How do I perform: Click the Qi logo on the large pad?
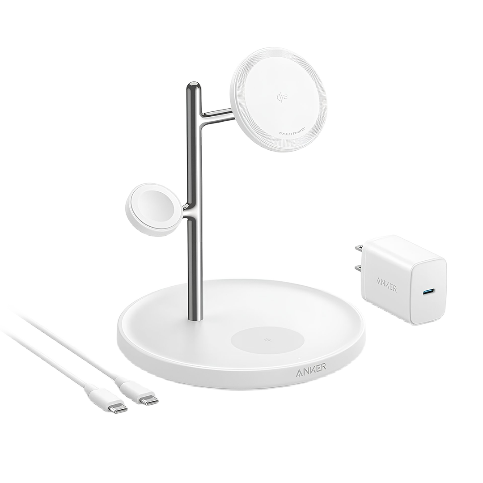coord(280,96)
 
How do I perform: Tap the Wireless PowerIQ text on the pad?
coord(292,133)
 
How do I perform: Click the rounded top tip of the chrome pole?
coord(193,86)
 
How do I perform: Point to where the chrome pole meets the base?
coord(195,318)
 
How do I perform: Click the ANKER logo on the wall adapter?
coord(386,285)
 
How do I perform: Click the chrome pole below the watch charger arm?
coord(195,268)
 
